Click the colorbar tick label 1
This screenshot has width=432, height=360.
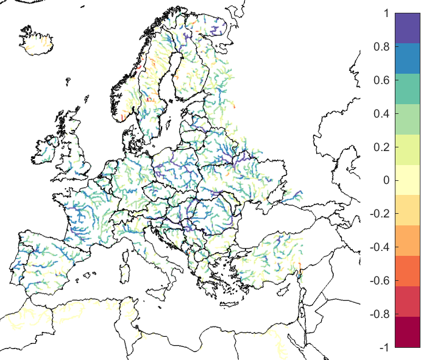pos(383,13)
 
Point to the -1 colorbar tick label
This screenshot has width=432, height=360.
pos(381,347)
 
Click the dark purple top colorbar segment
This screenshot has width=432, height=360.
pos(408,28)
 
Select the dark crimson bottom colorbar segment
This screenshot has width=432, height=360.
pos(408,332)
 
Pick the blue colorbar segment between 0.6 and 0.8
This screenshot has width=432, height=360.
pos(408,58)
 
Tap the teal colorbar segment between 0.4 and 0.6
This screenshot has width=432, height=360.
pos(408,89)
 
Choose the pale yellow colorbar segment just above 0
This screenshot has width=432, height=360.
pos(408,172)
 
